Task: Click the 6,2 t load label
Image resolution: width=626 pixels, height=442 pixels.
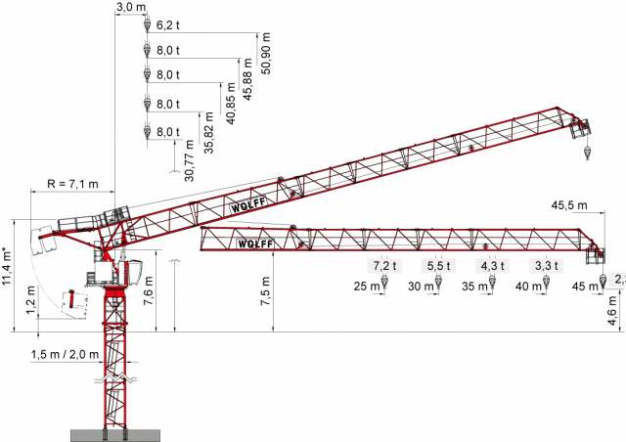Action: (x=167, y=25)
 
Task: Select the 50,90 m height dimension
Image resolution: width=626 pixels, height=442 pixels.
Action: (x=266, y=53)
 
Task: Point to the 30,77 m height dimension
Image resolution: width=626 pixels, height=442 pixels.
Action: (x=190, y=160)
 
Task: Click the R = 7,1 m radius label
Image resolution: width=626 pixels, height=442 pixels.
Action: (x=72, y=184)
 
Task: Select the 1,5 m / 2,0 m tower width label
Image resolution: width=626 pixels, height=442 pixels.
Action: (x=65, y=354)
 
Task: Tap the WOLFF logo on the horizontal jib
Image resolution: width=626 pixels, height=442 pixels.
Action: (x=255, y=243)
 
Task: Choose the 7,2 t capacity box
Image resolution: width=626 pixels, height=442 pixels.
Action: (x=384, y=266)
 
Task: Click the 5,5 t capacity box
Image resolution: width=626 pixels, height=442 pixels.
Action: (x=438, y=266)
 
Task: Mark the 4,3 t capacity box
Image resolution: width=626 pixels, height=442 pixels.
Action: (x=492, y=266)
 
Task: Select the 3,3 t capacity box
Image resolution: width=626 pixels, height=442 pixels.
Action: (x=546, y=266)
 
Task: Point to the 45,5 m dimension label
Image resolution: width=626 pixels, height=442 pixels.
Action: (x=569, y=205)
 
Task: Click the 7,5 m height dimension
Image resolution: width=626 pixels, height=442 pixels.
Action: (x=266, y=291)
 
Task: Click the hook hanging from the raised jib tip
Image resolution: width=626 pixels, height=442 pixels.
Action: (x=587, y=154)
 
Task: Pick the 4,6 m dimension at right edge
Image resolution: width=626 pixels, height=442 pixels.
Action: (x=613, y=311)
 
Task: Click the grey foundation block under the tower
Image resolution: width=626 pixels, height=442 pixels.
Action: (x=115, y=435)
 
